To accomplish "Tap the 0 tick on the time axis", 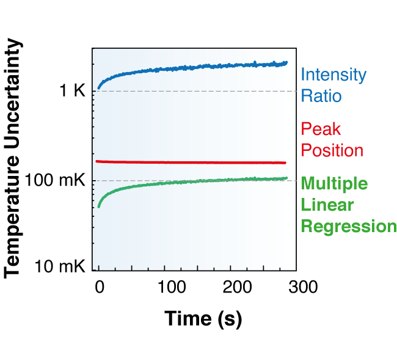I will pyautogui.click(x=99, y=286).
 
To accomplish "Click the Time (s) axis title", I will pyautogui.click(x=203, y=318).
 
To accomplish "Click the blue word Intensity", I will pyautogui.click(x=333, y=76).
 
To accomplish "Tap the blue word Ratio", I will pyautogui.click(x=320, y=97).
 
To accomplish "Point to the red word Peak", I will pyautogui.click(x=320, y=129).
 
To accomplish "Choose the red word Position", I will pyautogui.click(x=332, y=150).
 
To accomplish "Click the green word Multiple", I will pyautogui.click(x=335, y=183).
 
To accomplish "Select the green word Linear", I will pyautogui.click(x=322, y=205).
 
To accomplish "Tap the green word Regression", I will pyautogui.click(x=349, y=226).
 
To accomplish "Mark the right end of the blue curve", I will pyautogui.click(x=286, y=62).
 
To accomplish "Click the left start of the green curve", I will pyautogui.click(x=99, y=206).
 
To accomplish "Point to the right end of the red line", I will pyautogui.click(x=285, y=162).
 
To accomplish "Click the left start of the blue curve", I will pyautogui.click(x=99, y=89).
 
